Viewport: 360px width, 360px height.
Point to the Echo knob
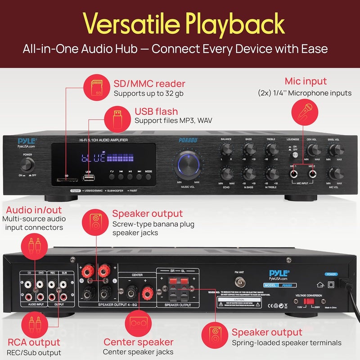point(226,172)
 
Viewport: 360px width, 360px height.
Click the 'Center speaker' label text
point(139,342)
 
